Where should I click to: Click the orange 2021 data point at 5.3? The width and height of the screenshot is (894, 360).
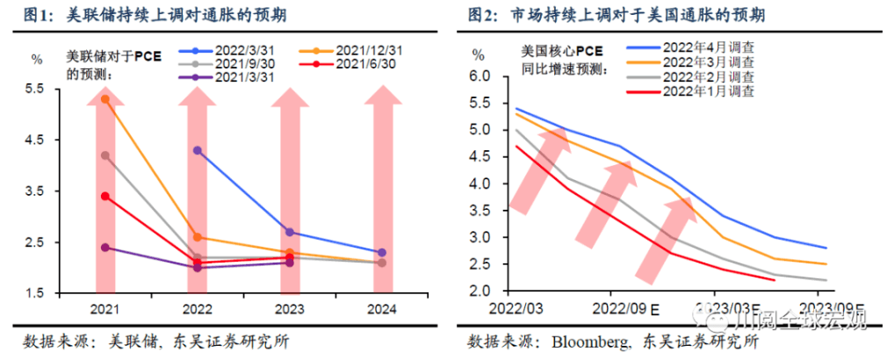click(105, 99)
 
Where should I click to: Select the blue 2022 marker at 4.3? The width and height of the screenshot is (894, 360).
click(198, 150)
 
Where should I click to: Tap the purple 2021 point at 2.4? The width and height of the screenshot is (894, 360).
click(105, 248)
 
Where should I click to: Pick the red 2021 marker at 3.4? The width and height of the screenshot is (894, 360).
click(105, 196)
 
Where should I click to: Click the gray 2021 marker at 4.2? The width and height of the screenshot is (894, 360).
click(105, 155)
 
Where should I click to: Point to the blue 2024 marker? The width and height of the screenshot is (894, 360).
click(381, 253)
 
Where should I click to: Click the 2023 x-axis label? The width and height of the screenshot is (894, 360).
click(290, 309)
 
